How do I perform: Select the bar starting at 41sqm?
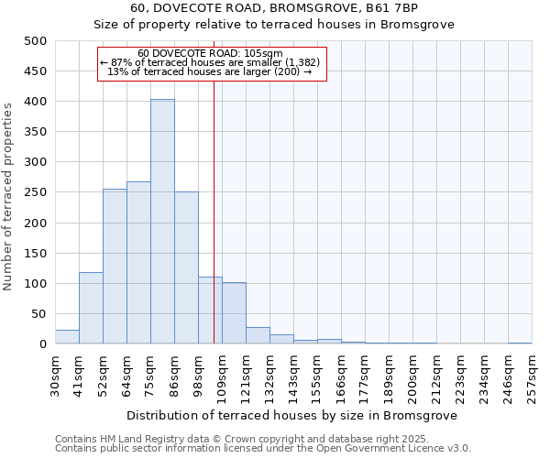(91, 308)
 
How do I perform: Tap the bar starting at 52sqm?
(115, 267)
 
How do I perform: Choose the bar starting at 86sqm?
(186, 267)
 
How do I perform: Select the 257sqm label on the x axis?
(533, 376)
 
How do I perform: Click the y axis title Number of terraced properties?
(8, 196)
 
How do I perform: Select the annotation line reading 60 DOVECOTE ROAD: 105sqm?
(211, 54)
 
